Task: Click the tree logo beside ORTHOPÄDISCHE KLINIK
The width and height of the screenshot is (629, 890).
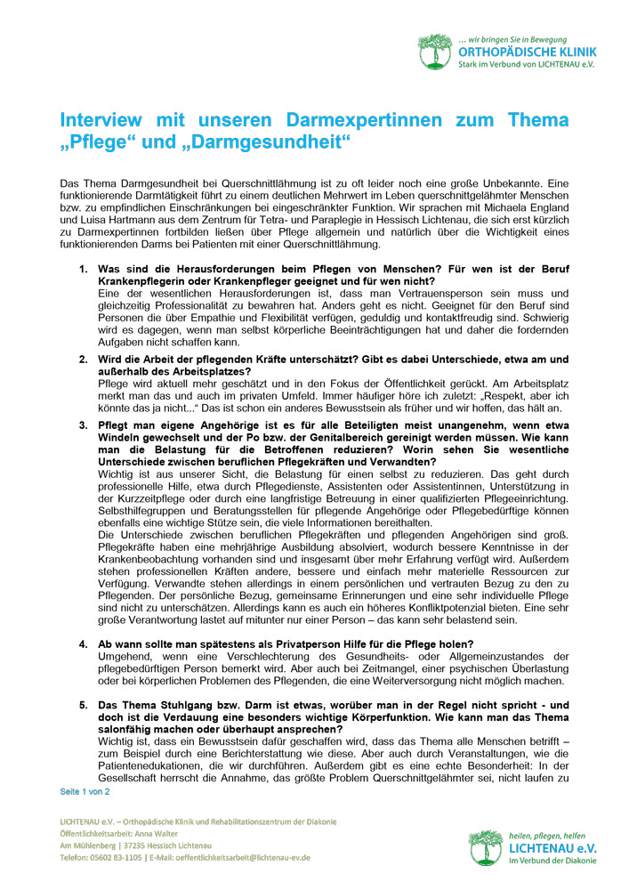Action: click(x=436, y=51)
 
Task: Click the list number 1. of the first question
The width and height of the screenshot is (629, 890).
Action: click(x=83, y=268)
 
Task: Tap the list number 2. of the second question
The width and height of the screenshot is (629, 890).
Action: click(x=83, y=359)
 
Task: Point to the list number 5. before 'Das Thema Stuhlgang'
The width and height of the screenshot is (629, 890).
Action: click(x=83, y=704)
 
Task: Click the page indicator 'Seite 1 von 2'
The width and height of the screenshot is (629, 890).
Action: click(x=85, y=790)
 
